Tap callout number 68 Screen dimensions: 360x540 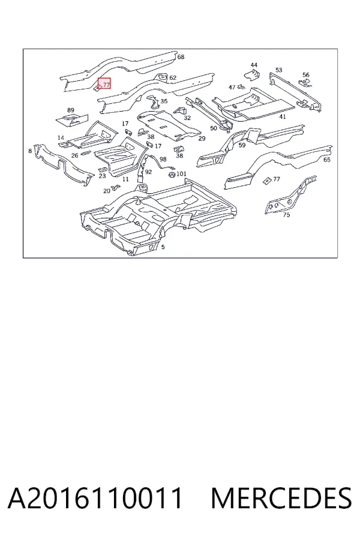181,57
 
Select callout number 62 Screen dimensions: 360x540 173,78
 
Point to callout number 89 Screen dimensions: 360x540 71,110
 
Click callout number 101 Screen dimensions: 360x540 182,174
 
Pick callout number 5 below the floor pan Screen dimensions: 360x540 163,247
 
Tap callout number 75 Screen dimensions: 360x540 286,215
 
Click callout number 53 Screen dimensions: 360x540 278,70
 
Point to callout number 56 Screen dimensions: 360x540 306,75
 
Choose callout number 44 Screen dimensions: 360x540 254,65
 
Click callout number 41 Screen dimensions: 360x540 283,117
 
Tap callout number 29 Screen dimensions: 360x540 202,139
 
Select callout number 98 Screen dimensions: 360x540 163,159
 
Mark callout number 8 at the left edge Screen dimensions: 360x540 31,151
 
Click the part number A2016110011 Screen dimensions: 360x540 95,498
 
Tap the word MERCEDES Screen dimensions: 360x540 281,498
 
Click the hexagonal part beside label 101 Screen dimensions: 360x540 172,175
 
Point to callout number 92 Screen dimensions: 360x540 148,172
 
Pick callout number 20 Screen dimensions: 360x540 107,191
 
